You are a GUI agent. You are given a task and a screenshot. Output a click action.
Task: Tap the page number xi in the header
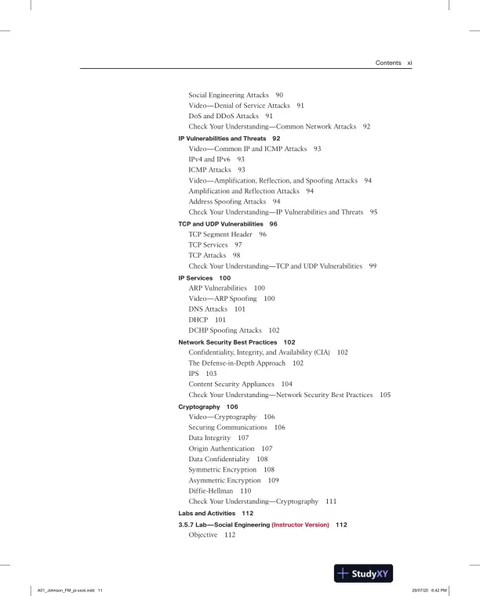[409, 63]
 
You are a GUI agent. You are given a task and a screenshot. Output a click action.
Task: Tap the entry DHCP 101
[207, 320]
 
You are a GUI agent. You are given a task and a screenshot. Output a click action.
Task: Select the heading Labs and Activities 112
[216, 513]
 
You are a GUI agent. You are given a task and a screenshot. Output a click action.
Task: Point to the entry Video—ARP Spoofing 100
[231, 298]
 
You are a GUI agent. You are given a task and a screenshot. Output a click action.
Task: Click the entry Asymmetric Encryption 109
[235, 479]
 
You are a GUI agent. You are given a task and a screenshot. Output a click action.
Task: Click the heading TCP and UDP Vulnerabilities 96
[227, 223]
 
